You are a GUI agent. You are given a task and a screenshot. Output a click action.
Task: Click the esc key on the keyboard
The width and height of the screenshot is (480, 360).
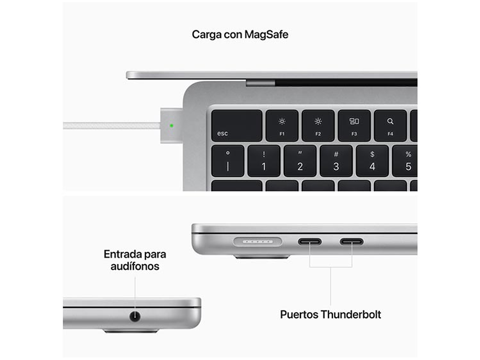click(x=237, y=125)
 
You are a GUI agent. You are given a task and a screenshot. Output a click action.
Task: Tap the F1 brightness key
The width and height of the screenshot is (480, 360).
click(x=282, y=125)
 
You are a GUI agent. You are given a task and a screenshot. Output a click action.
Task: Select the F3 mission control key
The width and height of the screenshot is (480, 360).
click(x=354, y=125)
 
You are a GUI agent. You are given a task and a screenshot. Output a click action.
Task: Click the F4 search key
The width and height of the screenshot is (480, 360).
click(x=390, y=125)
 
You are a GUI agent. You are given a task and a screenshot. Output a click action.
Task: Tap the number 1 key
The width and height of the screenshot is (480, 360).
click(x=264, y=161)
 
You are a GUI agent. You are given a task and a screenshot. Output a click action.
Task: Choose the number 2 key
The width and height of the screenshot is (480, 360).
click(x=300, y=161)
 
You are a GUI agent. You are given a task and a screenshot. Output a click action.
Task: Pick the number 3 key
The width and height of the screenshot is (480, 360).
click(x=336, y=161)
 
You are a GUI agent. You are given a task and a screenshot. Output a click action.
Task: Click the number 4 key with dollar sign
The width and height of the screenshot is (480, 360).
click(x=372, y=161)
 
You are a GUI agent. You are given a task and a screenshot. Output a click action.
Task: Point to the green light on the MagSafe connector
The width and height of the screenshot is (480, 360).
click(x=171, y=125)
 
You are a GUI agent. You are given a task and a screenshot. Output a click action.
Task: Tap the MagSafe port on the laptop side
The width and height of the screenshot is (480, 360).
click(x=258, y=242)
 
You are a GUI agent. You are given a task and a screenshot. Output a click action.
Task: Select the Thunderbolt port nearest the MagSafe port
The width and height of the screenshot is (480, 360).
click(x=310, y=242)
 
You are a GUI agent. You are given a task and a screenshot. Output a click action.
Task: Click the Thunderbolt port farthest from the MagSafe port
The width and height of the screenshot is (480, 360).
click(x=352, y=242)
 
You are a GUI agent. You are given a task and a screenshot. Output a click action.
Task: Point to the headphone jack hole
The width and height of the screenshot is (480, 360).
click(x=135, y=316)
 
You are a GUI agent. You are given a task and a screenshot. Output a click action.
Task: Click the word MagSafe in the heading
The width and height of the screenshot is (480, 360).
click(x=267, y=35)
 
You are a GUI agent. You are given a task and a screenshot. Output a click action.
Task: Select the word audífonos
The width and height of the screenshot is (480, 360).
click(x=135, y=266)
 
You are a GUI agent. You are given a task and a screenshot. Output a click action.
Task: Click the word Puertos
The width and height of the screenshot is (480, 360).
click(x=299, y=315)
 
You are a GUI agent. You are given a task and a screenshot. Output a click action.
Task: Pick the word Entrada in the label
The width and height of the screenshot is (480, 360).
click(x=122, y=254)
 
